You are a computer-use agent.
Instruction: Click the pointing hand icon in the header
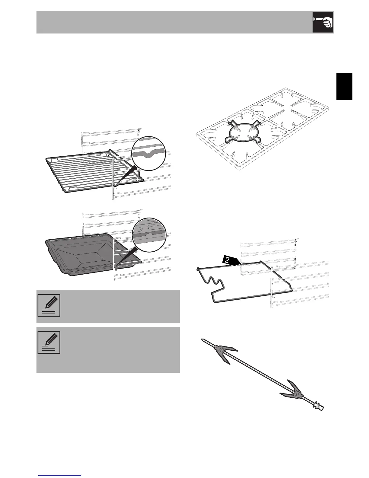[323, 22]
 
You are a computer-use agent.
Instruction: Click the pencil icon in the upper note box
[49, 305]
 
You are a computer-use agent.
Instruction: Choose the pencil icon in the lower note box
[49, 342]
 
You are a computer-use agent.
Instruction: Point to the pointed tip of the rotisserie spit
[203, 339]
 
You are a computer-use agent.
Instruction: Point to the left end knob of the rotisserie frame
[197, 268]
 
